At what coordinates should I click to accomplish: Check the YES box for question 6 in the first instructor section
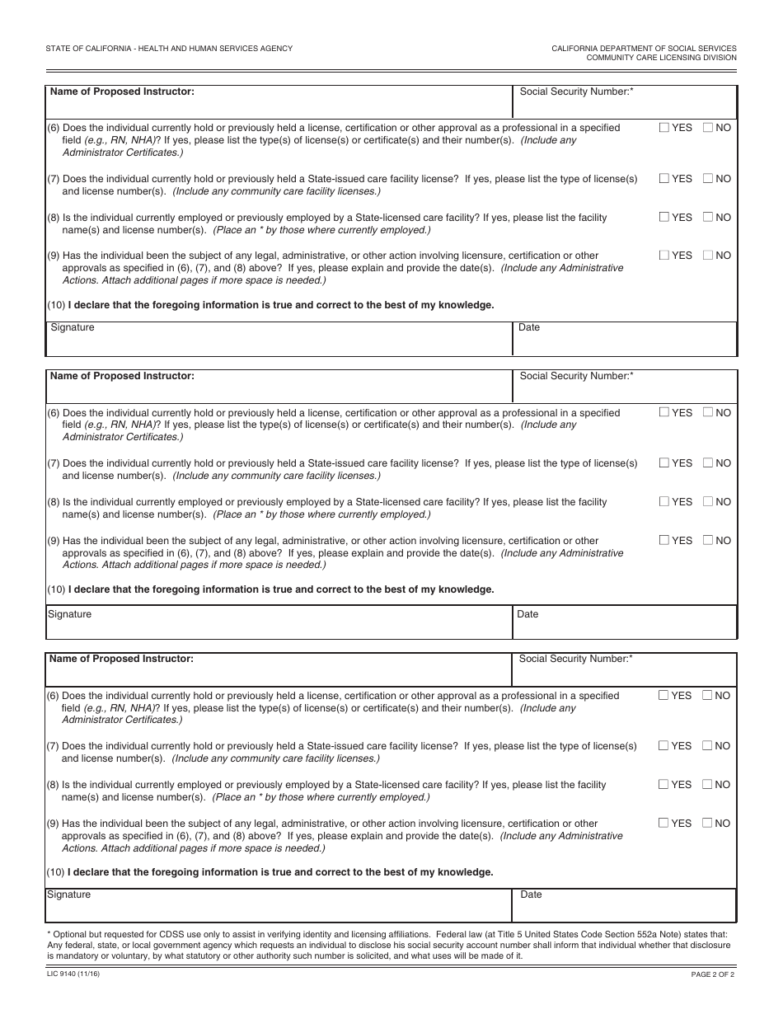tap(664, 128)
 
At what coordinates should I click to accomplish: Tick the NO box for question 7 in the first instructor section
tap(708, 179)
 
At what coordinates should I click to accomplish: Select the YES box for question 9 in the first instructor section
tap(664, 256)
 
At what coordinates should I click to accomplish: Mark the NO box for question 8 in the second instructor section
tap(708, 502)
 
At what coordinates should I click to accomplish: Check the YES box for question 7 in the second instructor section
tap(664, 463)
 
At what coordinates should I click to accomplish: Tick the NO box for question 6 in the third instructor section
tap(707, 696)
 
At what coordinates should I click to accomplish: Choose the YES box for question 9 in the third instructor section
tap(663, 824)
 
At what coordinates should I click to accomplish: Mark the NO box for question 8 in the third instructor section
tap(707, 785)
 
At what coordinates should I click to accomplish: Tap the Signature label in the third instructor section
tap(68, 895)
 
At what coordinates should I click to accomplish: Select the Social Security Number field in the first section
tap(624, 102)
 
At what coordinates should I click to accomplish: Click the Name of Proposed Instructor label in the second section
tap(122, 376)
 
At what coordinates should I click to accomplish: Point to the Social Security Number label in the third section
tap(575, 660)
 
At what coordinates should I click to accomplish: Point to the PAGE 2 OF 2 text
tap(712, 974)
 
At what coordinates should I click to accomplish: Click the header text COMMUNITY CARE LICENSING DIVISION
tap(661, 58)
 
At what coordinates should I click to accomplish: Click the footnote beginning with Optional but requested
tap(387, 946)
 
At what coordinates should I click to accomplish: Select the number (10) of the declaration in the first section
tap(56, 305)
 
